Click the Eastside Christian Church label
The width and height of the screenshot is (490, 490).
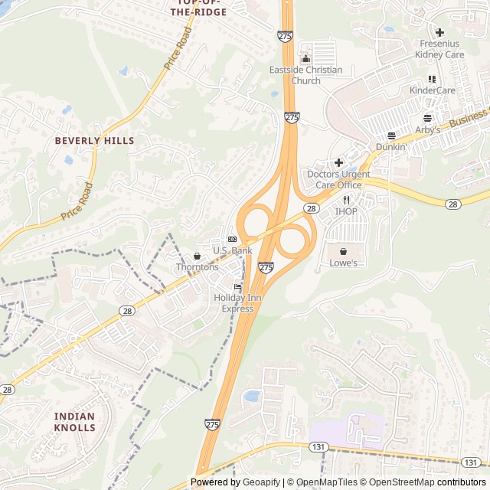point(305,75)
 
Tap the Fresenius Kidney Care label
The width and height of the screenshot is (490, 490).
point(439,49)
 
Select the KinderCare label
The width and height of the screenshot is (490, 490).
point(433,90)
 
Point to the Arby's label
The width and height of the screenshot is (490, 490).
point(428,129)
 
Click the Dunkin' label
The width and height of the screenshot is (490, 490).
point(390,146)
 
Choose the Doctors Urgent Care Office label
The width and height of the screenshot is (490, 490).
point(338,179)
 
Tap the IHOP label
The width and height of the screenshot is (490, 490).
point(346,211)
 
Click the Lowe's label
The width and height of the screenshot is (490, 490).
point(343,263)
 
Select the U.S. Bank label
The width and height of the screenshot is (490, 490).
point(232,250)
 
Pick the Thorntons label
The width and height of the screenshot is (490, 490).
point(198,267)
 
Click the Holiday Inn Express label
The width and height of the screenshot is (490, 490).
point(237,303)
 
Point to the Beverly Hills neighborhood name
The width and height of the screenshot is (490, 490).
point(94,141)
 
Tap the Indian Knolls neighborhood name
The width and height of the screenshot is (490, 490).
point(75,422)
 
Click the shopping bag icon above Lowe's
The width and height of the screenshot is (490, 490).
point(343,251)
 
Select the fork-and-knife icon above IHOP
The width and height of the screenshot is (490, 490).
point(346,200)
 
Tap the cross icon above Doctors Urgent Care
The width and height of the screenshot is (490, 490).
point(338,162)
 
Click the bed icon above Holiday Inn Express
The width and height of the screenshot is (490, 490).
point(237,287)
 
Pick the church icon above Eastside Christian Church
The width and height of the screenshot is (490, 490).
point(305,59)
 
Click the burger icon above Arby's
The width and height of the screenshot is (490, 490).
point(427,118)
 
